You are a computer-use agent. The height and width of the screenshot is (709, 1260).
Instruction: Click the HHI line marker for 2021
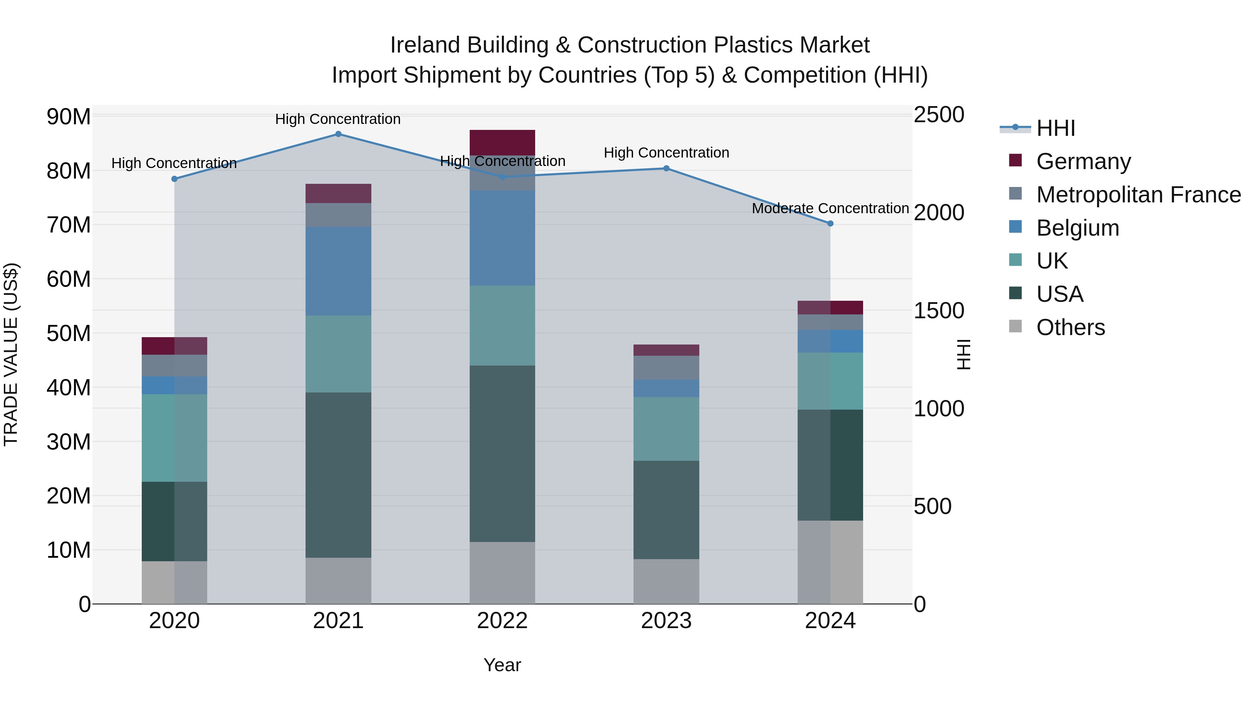tap(338, 134)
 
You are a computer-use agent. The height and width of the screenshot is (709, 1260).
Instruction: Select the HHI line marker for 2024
tap(830, 224)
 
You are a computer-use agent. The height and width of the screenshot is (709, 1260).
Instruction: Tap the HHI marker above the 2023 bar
tap(666, 168)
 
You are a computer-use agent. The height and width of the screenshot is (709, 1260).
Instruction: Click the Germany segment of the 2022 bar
tap(502, 143)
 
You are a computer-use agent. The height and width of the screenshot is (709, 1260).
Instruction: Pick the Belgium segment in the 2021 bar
tap(338, 271)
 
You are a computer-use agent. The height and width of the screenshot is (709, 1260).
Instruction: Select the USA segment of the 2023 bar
tap(666, 509)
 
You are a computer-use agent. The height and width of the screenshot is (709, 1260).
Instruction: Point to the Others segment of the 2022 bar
tap(502, 572)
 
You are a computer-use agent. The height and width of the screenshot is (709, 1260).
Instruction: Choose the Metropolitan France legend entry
tap(1138, 195)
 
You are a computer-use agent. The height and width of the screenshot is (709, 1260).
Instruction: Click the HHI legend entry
tap(1056, 128)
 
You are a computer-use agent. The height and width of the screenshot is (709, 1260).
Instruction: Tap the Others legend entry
tap(1070, 327)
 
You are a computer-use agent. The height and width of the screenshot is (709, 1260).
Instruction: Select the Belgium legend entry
tap(1078, 228)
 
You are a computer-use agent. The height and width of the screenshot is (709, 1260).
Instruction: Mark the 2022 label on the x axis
tap(502, 621)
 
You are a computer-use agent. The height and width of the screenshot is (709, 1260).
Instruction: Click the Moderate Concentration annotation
tap(830, 208)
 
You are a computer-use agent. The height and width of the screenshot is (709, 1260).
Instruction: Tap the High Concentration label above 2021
tap(338, 119)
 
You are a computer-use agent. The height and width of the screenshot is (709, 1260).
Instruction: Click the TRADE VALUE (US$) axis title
tap(11, 354)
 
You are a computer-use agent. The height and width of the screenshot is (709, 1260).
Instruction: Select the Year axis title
tap(502, 665)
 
